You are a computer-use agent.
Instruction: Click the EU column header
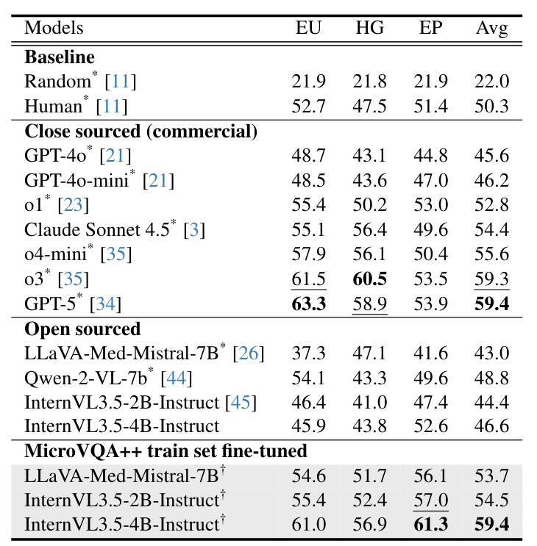(309, 29)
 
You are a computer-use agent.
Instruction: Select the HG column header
(369, 29)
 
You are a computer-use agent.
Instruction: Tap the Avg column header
(491, 29)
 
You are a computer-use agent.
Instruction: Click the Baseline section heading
(60, 57)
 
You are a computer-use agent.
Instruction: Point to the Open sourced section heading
(82, 328)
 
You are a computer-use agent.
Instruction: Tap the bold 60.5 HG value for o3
(370, 279)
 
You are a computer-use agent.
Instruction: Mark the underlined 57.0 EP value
(430, 501)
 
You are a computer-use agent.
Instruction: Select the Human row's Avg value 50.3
(491, 107)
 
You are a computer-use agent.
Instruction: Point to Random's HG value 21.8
(370, 82)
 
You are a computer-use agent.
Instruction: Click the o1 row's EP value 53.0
(430, 205)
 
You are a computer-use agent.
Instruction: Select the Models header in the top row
(54, 29)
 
